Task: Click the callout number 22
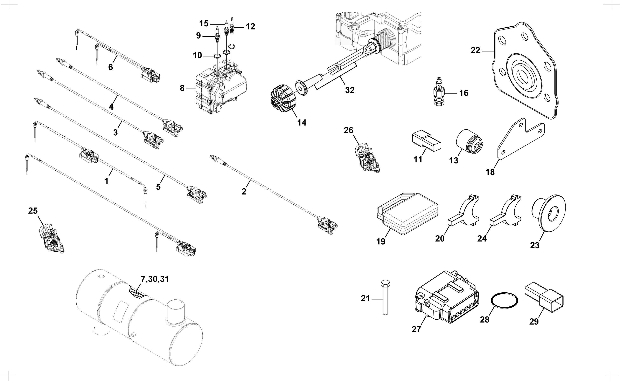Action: pyautogui.click(x=475, y=51)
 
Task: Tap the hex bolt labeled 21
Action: pyautogui.click(x=385, y=297)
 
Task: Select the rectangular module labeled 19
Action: pyautogui.click(x=407, y=214)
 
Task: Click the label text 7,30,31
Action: pyautogui.click(x=155, y=279)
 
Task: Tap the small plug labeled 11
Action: pyautogui.click(x=426, y=141)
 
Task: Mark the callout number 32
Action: pyautogui.click(x=350, y=90)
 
